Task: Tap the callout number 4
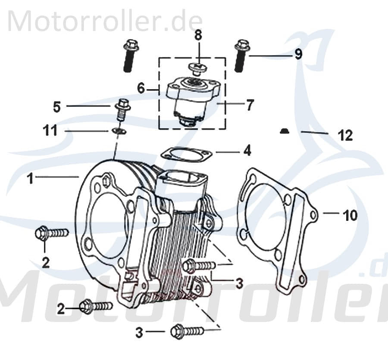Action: (247, 151)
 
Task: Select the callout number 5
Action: (57, 106)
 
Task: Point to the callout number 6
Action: (141, 88)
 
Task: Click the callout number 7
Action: (250, 105)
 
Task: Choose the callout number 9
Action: (298, 55)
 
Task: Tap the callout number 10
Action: (350, 214)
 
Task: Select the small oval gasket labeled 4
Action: (185, 154)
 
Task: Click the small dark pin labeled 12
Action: (284, 131)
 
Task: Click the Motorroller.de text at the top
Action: (104, 20)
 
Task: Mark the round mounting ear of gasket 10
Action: (313, 214)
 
